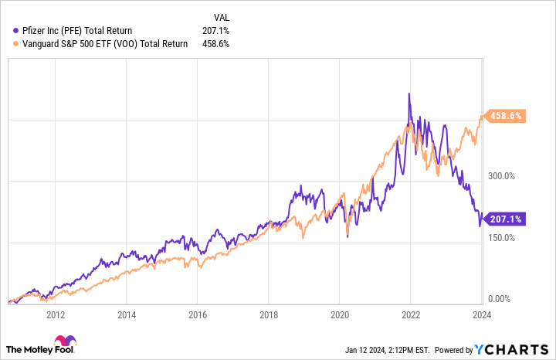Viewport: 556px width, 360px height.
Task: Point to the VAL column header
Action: tap(220, 16)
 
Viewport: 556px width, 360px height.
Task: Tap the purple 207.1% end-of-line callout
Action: tap(506, 219)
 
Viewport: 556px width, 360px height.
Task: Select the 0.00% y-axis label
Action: tap(500, 298)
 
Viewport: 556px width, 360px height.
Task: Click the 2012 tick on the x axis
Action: tap(55, 315)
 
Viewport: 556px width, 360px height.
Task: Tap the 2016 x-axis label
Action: tap(197, 315)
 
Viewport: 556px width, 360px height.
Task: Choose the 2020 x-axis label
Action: tap(339, 315)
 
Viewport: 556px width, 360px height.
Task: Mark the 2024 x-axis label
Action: tap(481, 315)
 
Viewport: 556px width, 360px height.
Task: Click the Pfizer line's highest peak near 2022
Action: tap(409, 94)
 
